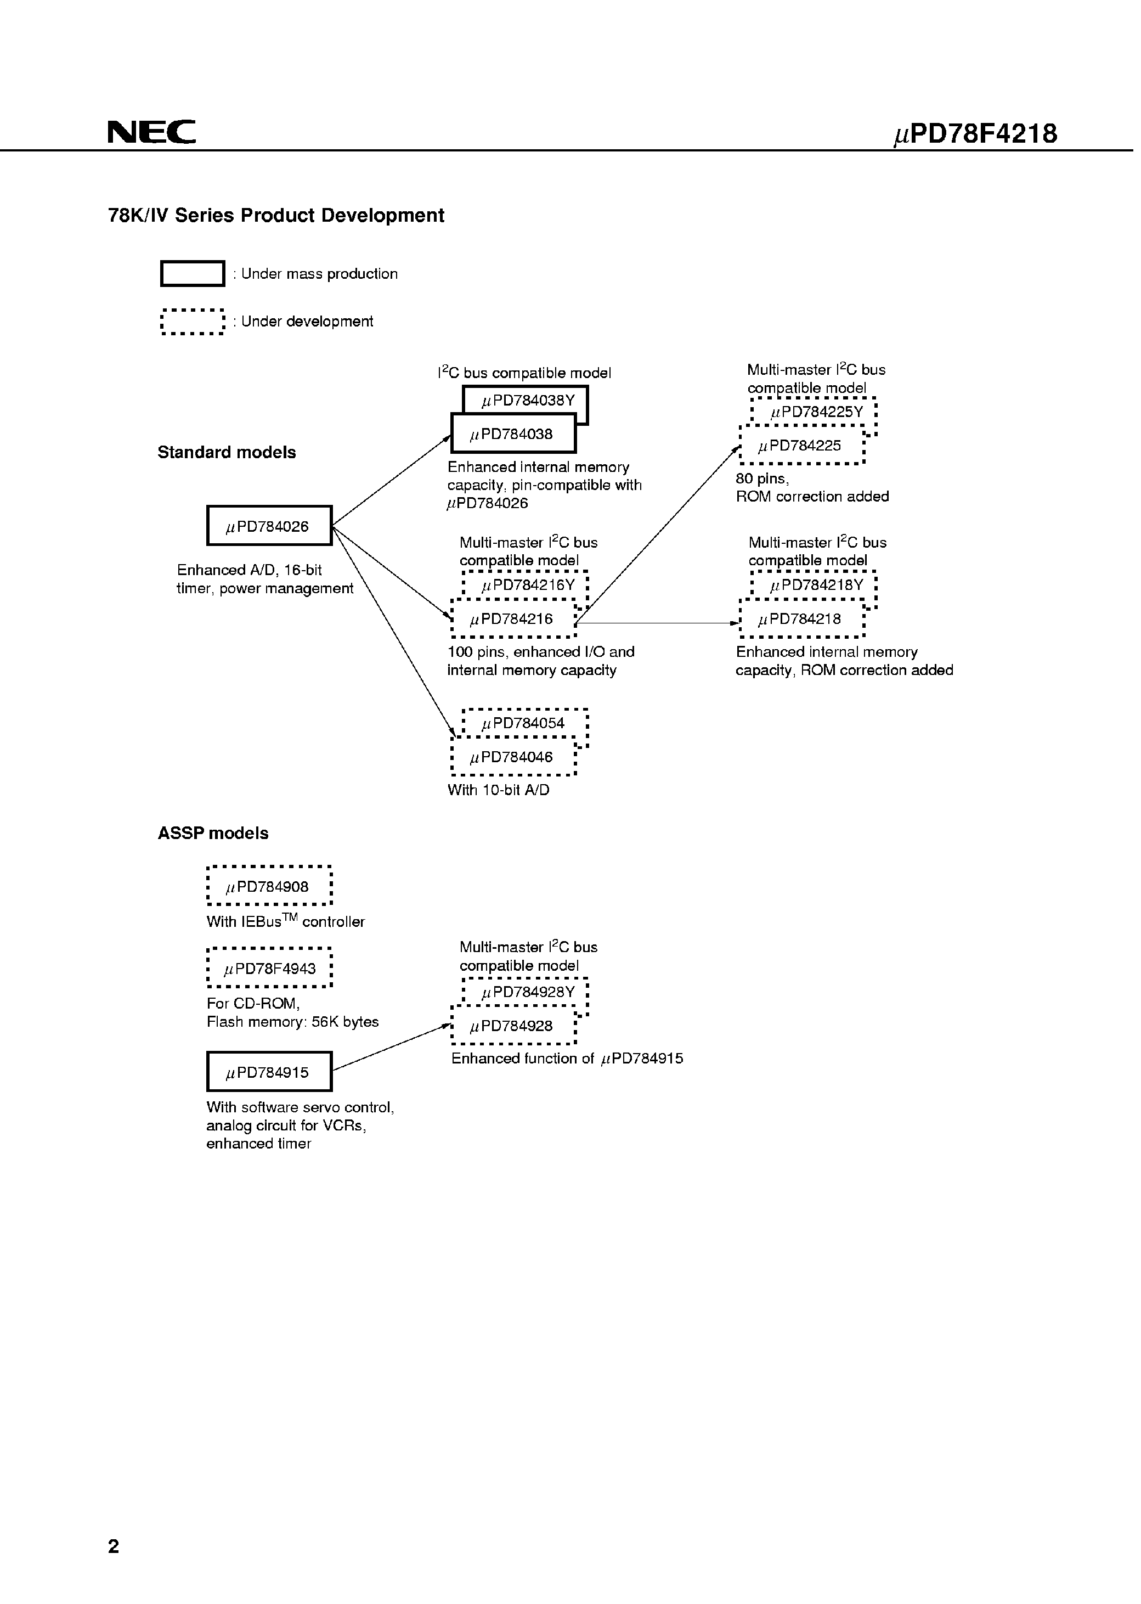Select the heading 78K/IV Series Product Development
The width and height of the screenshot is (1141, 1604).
coord(276,215)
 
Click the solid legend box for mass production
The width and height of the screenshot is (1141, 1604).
coord(193,273)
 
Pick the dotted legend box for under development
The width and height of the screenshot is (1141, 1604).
coord(193,321)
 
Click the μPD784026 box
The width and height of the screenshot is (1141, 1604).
coord(269,526)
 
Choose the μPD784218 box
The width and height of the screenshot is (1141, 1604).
coord(801,619)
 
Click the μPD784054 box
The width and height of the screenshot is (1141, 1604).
coord(524,723)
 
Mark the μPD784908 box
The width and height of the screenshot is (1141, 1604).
coord(269,886)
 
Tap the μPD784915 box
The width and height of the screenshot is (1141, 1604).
coord(269,1072)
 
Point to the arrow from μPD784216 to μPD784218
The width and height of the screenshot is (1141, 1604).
coord(657,623)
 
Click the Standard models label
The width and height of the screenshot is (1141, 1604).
coord(226,452)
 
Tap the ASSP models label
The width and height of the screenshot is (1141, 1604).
coord(213,833)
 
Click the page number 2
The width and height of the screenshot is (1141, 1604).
coord(114,1546)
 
